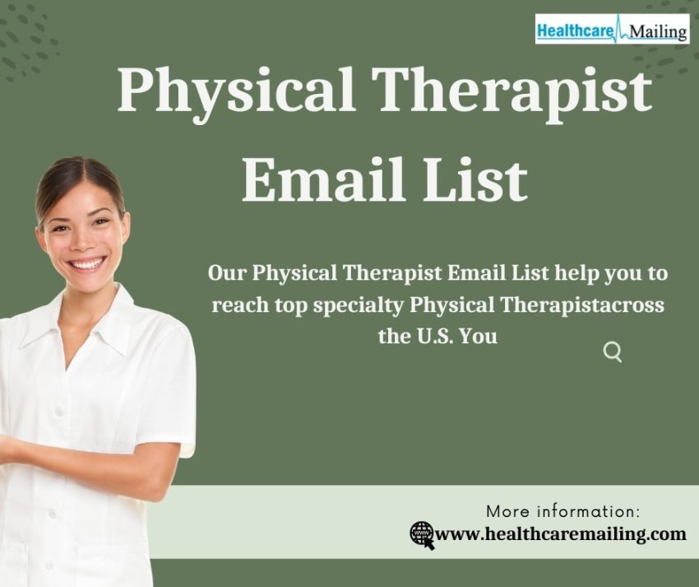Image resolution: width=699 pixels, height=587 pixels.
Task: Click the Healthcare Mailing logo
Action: coord(612,29)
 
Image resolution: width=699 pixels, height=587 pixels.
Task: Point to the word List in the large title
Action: coord(475,179)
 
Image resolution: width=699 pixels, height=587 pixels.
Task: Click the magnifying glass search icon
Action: coord(613,352)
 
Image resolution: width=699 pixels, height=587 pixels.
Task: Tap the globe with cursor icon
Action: coord(422,535)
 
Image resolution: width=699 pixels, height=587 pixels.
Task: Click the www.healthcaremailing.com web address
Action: coord(560,533)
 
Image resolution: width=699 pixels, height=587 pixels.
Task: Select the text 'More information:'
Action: coord(563,511)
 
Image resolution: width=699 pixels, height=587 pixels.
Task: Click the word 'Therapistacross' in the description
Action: coord(582,305)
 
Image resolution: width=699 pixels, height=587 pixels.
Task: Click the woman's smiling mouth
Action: coord(87,263)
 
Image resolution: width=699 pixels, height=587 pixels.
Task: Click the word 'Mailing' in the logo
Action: coord(659,31)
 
